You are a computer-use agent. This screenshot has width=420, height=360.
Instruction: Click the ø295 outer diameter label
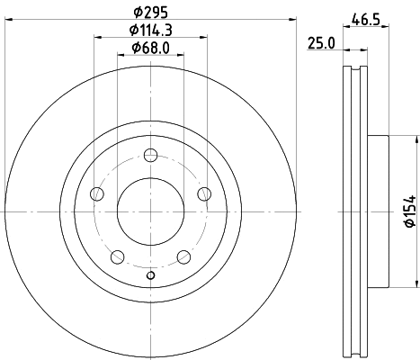pos(150,13)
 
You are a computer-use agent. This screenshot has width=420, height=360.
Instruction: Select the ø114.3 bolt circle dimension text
pos(150,31)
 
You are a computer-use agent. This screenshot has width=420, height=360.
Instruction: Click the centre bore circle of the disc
pos(150,210)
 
